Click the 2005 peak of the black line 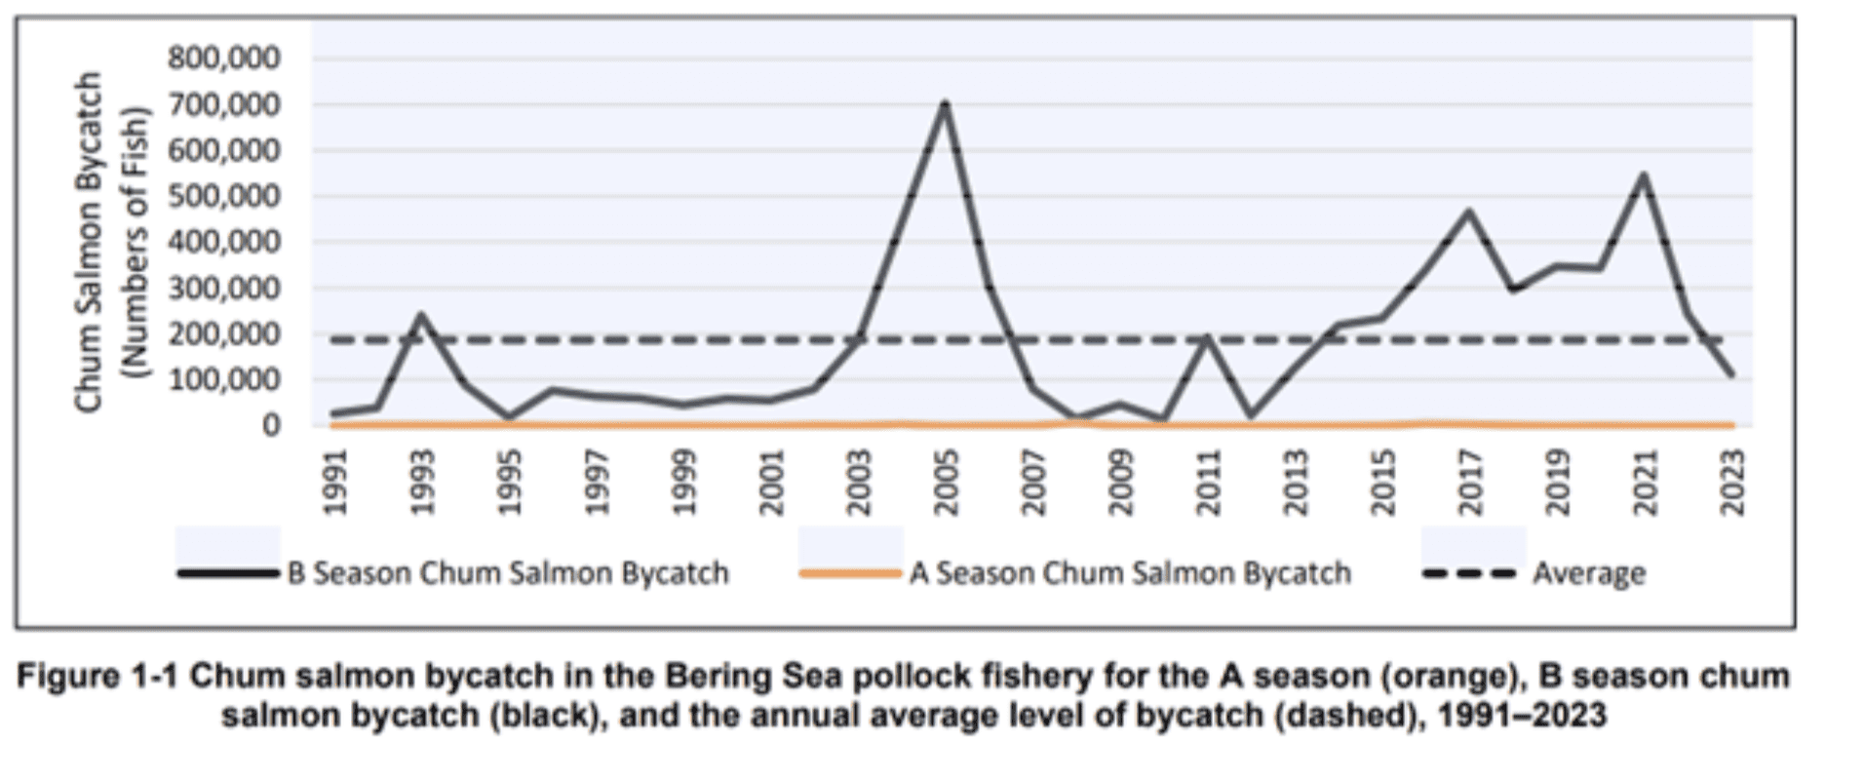tap(944, 103)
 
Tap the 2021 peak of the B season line tap(1644, 176)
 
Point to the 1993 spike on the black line tap(421, 315)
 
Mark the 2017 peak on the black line tap(1468, 212)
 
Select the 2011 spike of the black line tap(1207, 338)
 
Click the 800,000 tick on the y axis tap(224, 58)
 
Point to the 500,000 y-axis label tap(224, 196)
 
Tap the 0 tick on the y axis tap(270, 425)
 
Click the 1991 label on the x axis tap(334, 483)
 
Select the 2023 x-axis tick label tap(1732, 483)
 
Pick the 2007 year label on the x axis tap(1033, 483)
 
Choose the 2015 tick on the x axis tap(1382, 483)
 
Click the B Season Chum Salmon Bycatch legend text tap(508, 572)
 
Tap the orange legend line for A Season tap(849, 573)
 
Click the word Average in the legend tap(1588, 573)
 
